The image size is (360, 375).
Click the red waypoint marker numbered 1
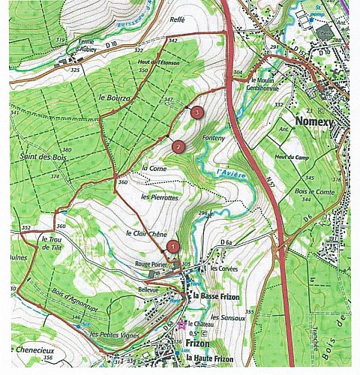coord(173,245)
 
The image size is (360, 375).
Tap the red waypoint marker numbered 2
coord(178,146)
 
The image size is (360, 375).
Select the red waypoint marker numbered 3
coord(196,112)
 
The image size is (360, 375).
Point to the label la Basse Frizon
coord(217,297)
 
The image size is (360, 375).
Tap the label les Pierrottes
coord(159,196)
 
